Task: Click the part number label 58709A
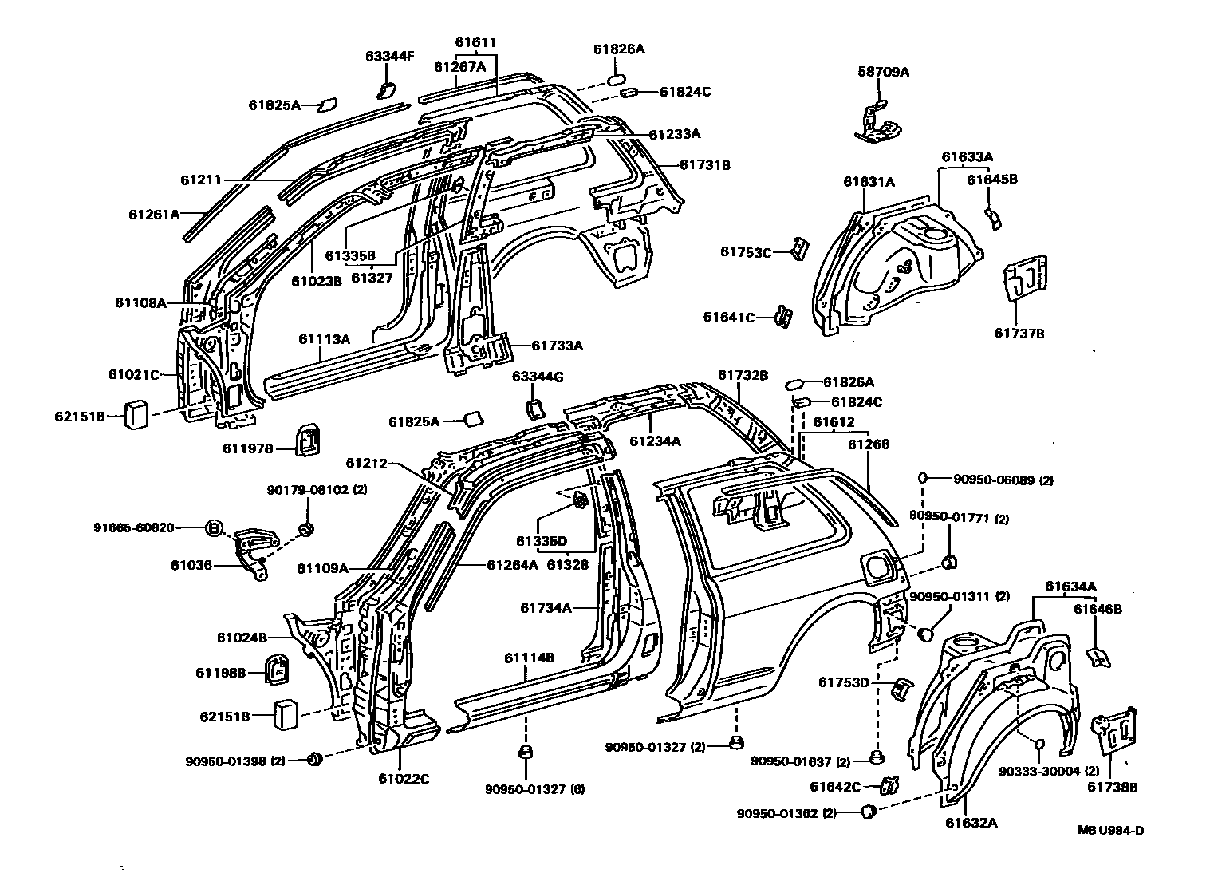click(x=883, y=73)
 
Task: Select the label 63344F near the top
click(x=390, y=56)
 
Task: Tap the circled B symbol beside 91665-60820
click(x=214, y=527)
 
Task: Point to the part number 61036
click(x=191, y=565)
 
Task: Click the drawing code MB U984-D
click(x=1111, y=830)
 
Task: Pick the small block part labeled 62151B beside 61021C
click(x=136, y=415)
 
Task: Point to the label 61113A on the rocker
click(x=325, y=338)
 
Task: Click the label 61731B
click(x=704, y=165)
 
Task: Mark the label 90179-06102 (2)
click(x=318, y=489)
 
